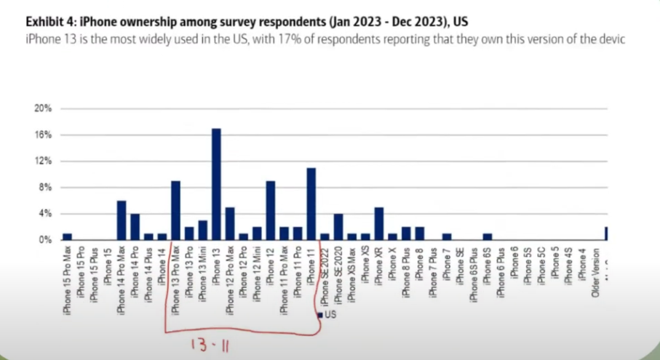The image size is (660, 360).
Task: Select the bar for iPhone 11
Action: (311, 204)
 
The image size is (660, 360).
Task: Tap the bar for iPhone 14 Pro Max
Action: (122, 220)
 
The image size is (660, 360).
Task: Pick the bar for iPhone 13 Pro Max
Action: (175, 210)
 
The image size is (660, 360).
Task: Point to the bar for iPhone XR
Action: (378, 223)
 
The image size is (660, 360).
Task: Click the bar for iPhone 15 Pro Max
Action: (67, 236)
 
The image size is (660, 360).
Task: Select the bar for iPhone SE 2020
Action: (338, 226)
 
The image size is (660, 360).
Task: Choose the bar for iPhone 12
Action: (270, 210)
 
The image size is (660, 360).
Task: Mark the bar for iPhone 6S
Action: (487, 236)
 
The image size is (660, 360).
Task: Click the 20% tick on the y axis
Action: (43, 108)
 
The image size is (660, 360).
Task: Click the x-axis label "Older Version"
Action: (596, 274)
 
